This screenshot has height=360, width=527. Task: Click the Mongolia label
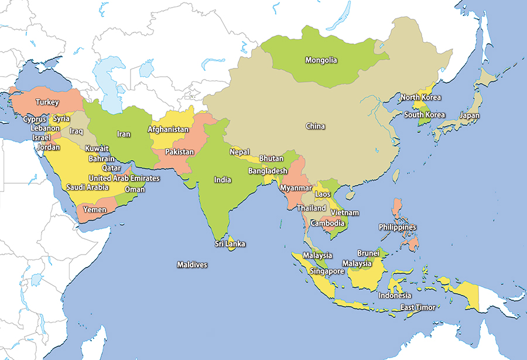pos(321,60)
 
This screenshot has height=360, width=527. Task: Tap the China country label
pos(315,126)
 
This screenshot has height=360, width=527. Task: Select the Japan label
pos(469,116)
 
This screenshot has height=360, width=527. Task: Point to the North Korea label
pos(420,97)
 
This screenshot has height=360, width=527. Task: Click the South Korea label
pos(425,115)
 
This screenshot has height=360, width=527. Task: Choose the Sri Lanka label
pos(230,244)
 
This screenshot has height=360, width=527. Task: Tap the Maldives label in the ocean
pos(192,265)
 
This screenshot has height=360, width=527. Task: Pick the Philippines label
pos(397,227)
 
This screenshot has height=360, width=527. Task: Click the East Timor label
pos(418,307)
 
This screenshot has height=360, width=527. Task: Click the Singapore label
pos(327,272)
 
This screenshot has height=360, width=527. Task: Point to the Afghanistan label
pos(168,129)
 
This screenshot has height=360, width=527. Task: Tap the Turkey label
pos(47,102)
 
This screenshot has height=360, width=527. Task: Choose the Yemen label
pos(94,210)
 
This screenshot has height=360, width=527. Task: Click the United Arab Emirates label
pos(124,178)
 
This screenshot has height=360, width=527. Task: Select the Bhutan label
pos(271,159)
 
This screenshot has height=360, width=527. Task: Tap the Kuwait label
pos(97,149)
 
